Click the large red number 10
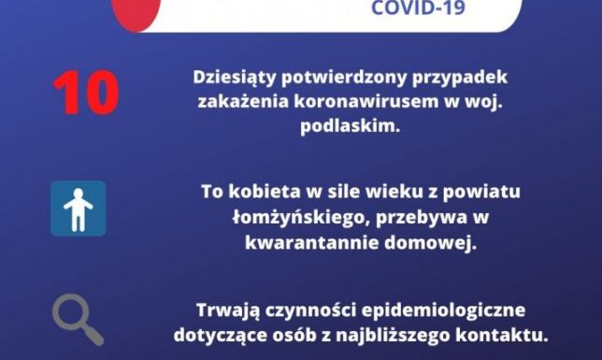pos(86,93)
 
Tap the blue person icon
pos(78,209)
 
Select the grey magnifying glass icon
pos(77,320)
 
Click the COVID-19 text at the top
pos(416,9)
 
